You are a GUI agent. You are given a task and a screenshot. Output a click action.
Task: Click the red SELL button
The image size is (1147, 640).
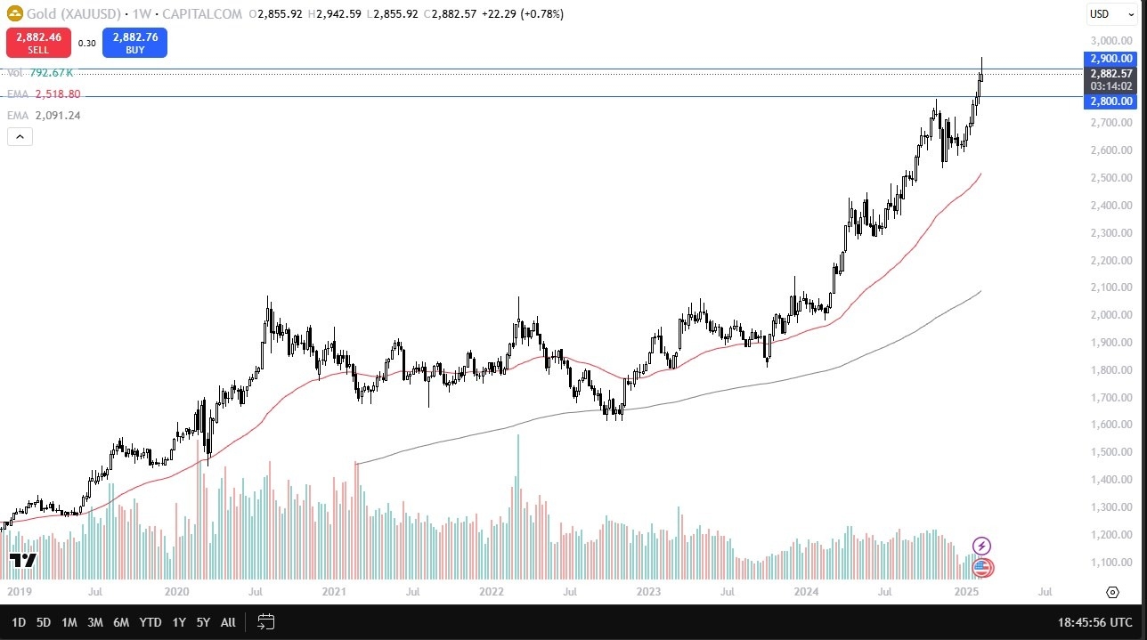(37, 43)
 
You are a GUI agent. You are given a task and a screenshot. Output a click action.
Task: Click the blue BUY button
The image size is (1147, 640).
(134, 43)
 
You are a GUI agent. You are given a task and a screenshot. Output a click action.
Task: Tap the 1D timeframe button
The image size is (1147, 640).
(19, 622)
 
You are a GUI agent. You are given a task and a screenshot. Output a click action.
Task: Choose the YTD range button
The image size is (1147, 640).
(150, 622)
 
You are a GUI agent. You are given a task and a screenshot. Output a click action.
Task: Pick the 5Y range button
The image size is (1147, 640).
(203, 622)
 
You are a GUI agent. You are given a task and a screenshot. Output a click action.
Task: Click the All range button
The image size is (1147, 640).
(228, 622)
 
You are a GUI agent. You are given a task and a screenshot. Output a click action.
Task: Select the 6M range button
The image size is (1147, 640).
(122, 622)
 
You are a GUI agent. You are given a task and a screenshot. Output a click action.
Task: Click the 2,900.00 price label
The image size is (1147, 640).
(1109, 59)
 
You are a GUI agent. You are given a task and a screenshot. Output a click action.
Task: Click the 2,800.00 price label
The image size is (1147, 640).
(1109, 101)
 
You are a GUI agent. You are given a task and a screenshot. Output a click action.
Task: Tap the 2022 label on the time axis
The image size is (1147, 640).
(492, 591)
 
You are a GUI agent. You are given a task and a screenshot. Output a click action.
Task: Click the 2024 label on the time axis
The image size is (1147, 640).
(806, 591)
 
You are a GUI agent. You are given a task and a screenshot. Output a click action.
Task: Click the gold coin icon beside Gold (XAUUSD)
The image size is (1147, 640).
(13, 14)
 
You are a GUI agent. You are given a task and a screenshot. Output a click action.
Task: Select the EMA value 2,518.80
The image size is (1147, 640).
(58, 93)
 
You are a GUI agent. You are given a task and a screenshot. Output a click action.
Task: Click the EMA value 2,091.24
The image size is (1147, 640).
(58, 115)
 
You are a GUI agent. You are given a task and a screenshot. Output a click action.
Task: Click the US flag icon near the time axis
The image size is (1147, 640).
(981, 567)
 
